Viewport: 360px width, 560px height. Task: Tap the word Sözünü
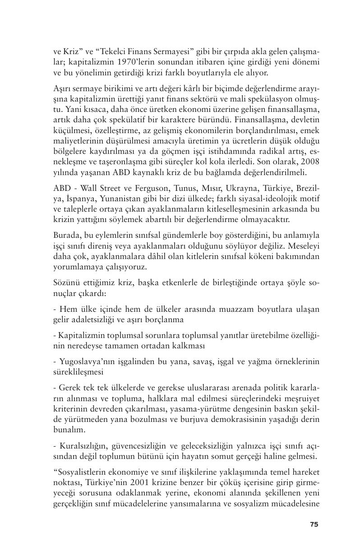point(67,283)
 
